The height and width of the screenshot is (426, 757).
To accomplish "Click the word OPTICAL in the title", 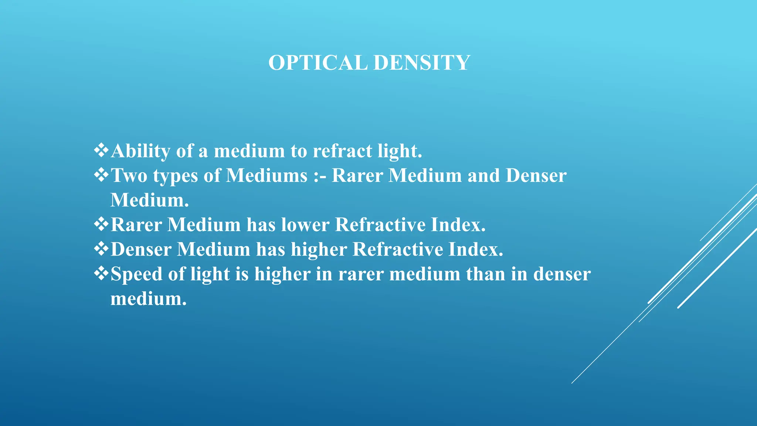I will click(318, 62).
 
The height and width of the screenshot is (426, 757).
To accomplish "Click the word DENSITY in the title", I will click(422, 62).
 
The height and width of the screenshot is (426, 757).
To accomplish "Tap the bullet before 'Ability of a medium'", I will click(101, 150).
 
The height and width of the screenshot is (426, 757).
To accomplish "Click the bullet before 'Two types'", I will click(101, 175).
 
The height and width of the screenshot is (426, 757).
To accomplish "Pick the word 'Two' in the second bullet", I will click(129, 175).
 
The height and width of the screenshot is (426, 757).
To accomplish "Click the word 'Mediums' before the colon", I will click(267, 175).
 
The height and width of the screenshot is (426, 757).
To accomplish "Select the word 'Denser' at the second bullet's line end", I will click(536, 175).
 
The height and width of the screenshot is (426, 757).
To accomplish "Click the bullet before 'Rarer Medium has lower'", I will click(101, 224).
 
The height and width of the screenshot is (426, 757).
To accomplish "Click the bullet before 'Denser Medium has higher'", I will click(101, 249).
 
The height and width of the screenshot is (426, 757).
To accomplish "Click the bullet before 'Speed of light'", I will click(101, 274).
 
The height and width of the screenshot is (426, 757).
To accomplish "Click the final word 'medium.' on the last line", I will click(149, 298).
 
